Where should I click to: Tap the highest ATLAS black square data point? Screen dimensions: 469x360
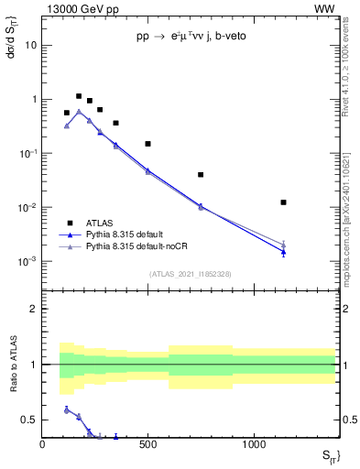click(x=79, y=96)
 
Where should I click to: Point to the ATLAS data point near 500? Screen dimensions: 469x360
click(x=147, y=144)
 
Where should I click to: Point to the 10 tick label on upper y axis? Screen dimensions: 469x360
click(x=31, y=45)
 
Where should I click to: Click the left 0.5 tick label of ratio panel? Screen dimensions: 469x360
click(x=28, y=420)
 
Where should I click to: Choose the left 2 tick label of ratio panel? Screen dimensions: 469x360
click(x=33, y=309)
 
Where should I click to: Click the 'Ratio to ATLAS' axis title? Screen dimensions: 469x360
click(x=12, y=364)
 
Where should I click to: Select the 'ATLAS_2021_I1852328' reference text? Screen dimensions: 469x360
click(x=190, y=274)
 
